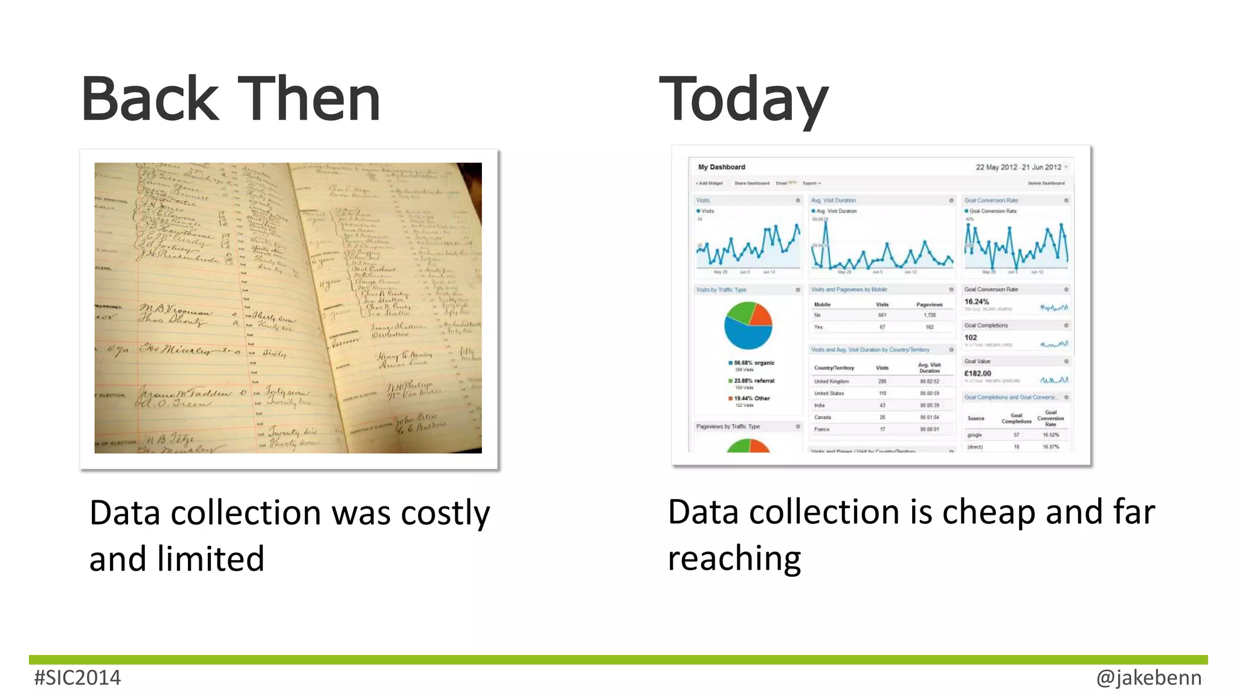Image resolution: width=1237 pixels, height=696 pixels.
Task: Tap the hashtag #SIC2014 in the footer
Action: [77, 678]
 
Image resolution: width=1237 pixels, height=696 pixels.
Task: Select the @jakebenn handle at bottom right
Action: [1148, 678]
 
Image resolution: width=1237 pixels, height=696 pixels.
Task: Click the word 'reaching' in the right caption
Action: [734, 559]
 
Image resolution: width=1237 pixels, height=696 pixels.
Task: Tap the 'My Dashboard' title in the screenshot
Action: [721, 167]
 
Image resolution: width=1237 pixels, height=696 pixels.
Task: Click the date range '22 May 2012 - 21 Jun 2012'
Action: [1018, 167]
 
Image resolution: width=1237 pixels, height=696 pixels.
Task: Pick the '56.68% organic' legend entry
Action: [753, 363]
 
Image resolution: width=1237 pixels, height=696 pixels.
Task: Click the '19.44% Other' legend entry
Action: [751, 399]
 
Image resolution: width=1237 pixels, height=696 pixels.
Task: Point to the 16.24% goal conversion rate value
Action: [977, 302]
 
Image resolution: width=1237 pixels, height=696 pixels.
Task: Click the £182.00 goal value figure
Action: [978, 373]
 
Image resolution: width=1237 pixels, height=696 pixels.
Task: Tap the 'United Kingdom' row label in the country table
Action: [831, 382]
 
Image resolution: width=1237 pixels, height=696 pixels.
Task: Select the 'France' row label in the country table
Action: [821, 430]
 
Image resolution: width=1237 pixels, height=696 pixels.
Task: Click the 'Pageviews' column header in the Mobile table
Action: [929, 304]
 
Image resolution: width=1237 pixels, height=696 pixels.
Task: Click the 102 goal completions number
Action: [971, 338]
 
